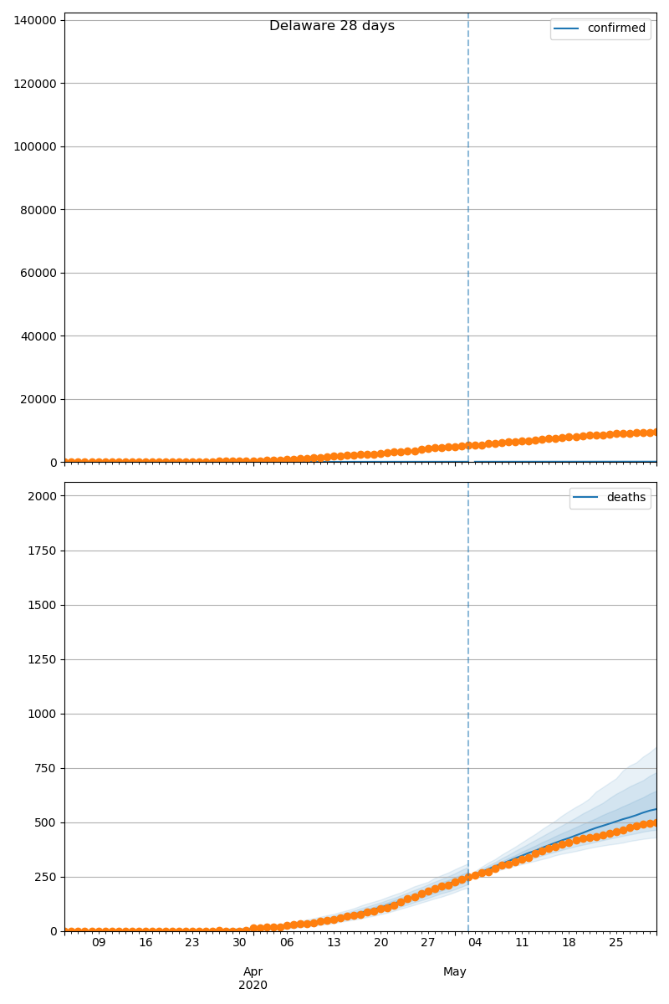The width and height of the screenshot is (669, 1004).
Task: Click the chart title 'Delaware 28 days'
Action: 332,26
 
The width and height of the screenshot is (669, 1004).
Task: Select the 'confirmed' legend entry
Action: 616,28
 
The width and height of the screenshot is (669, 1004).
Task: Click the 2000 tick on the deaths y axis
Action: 43,496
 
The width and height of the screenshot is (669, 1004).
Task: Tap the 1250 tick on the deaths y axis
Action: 43,659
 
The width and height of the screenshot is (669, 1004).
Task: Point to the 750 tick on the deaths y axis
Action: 45,768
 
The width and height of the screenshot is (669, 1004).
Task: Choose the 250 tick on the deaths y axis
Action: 45,877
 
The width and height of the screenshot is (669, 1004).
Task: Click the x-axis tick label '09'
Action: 99,943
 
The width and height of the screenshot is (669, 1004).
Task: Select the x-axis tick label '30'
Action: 240,943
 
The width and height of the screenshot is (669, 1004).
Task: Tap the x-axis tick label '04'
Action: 475,943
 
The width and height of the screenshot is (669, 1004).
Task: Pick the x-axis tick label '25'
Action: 616,943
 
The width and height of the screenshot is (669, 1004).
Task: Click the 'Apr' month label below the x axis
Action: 253,971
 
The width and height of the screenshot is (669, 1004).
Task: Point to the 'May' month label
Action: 455,971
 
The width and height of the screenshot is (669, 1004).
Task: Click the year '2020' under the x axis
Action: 253,986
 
